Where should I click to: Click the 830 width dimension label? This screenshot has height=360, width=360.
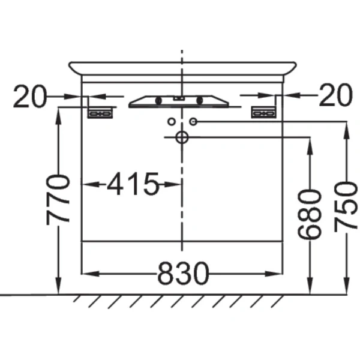pyautogui.click(x=183, y=273)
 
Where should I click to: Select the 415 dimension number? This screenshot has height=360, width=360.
pyautogui.click(x=133, y=184)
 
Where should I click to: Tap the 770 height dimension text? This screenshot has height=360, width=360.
pyautogui.click(x=58, y=200)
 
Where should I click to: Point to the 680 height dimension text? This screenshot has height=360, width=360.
pyautogui.click(x=308, y=214)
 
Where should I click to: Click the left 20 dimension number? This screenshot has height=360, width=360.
pyautogui.click(x=30, y=96)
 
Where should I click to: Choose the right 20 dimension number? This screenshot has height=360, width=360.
pyautogui.click(x=335, y=95)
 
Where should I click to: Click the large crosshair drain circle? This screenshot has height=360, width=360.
pyautogui.click(x=182, y=137)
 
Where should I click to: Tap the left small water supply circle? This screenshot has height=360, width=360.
pyautogui.click(x=172, y=121)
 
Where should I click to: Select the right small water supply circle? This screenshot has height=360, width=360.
pyautogui.click(x=193, y=121)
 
